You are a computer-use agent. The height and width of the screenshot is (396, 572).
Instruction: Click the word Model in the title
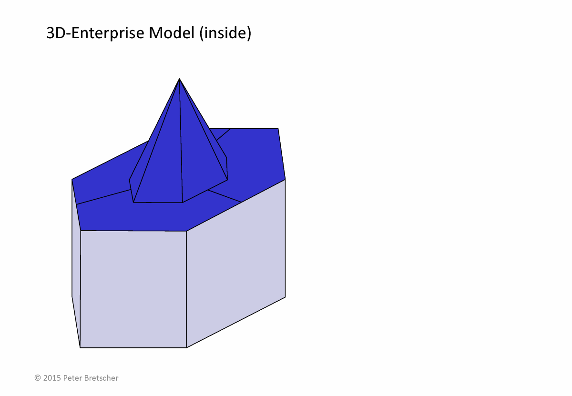[x=172, y=33]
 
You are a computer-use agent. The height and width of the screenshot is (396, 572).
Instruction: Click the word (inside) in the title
[x=225, y=33]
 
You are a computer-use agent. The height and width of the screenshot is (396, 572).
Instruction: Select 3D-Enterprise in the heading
[x=95, y=33]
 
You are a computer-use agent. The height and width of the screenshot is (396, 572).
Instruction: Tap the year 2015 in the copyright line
[x=52, y=378]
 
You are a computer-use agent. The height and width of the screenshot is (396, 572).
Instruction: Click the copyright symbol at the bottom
[x=38, y=378]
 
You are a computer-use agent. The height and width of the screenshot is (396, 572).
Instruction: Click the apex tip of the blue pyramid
[x=179, y=79]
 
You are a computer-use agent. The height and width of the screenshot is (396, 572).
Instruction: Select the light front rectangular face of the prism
[x=133, y=289]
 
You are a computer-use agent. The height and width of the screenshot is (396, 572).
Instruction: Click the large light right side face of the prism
[x=236, y=264]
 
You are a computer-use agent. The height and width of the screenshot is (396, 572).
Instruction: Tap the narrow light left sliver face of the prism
[x=76, y=263]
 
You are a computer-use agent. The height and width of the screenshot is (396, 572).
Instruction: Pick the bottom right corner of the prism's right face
[x=285, y=297]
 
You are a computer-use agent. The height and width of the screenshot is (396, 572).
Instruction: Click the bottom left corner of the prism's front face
[x=80, y=347]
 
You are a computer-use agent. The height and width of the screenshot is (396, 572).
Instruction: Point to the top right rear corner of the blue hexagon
[x=278, y=128]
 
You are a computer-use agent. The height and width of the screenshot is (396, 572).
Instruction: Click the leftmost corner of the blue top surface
[x=72, y=180]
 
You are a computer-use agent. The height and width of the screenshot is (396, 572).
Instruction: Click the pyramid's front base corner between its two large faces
[x=182, y=203]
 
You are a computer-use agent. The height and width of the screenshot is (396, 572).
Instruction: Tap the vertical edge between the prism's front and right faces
[x=186, y=289]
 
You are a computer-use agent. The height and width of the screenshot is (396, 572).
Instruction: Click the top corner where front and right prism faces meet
[x=186, y=231]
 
